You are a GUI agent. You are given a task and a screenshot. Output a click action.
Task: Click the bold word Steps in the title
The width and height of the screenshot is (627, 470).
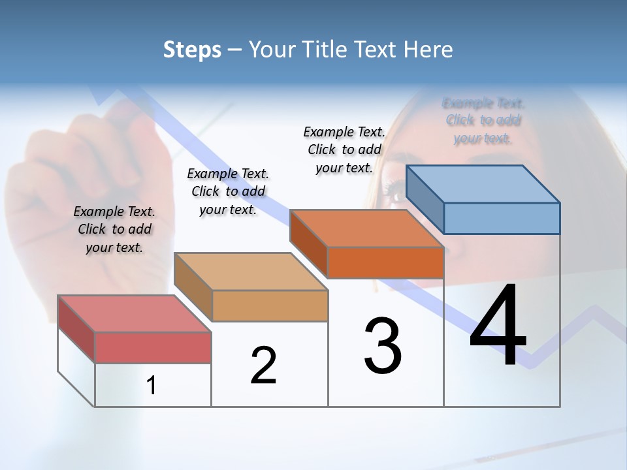coord(192,50)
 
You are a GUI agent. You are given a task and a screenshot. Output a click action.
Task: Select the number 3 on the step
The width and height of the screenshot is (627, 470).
coord(383,346)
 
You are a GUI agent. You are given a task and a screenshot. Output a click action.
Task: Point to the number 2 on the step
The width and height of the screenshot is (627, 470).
coord(263,366)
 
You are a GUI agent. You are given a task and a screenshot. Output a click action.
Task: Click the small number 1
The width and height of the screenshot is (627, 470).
coord(152,386)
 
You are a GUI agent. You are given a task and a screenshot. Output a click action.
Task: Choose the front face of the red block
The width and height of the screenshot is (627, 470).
coord(153,347)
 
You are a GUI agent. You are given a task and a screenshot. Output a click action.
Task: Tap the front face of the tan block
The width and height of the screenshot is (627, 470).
coord(270,305)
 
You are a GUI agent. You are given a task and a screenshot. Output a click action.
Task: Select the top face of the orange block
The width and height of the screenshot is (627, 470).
coord(366,228)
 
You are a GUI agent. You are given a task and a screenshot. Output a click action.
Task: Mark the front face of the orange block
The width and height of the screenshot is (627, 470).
coord(385,262)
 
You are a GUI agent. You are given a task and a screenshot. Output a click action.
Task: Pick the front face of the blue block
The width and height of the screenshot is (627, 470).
coord(502,218)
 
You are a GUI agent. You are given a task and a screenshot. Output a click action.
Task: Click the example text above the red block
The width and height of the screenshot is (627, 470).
coord(114,229)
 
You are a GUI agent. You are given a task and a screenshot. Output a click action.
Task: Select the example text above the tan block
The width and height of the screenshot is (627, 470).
coord(228,191)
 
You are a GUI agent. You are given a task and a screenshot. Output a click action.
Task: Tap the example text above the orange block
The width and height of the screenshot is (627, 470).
coord(344,149)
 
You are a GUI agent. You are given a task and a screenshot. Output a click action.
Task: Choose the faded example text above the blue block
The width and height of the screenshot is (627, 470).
coord(483,120)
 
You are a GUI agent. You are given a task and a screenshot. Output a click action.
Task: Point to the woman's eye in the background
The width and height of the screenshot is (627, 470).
coord(396,191)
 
